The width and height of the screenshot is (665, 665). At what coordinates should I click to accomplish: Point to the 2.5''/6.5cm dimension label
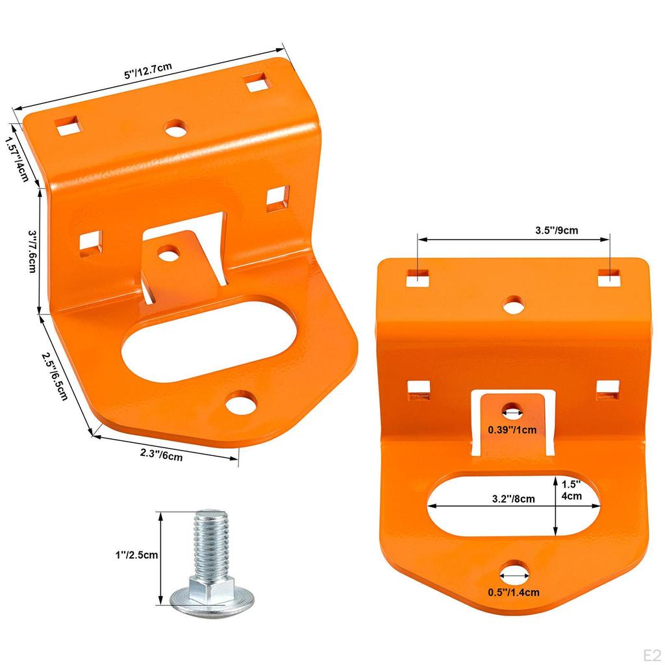(x=55, y=377)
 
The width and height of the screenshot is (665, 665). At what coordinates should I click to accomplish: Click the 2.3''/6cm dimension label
(x=162, y=455)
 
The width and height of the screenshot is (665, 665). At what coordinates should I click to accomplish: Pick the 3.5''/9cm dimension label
(x=557, y=230)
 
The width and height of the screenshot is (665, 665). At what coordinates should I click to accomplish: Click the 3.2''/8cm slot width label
(x=513, y=499)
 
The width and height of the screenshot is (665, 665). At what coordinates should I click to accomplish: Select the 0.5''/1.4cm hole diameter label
(x=513, y=592)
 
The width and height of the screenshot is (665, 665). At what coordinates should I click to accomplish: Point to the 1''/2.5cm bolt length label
(x=132, y=555)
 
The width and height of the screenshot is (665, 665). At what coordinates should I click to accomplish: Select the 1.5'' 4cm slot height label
(x=571, y=490)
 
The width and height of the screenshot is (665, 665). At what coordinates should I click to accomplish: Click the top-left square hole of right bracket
(x=419, y=277)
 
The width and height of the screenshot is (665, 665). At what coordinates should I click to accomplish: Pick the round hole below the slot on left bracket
(x=241, y=402)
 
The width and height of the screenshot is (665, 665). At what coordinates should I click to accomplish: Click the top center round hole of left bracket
(x=175, y=128)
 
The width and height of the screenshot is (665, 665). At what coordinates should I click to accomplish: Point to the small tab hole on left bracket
(x=169, y=252)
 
